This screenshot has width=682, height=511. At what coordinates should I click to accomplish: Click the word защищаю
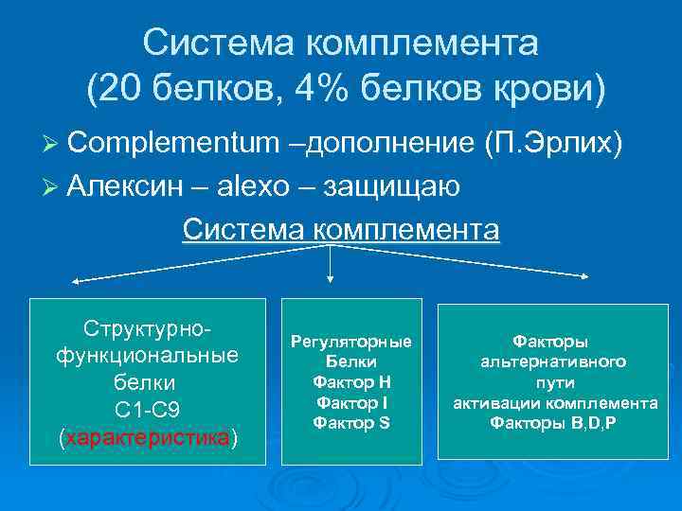pos(392,186)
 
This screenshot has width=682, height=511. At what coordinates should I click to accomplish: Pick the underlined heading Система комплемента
pos(340,229)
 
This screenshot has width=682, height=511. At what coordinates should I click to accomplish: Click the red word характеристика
pos(148,439)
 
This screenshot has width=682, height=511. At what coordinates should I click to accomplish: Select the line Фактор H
pos(350,381)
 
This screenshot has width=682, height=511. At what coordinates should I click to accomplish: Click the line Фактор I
pos(350,402)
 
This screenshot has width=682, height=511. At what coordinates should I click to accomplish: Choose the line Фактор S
pos(350,422)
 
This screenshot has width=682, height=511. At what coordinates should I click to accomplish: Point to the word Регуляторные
pos(350,341)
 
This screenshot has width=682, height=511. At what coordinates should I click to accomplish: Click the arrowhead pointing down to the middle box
pos(329,278)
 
